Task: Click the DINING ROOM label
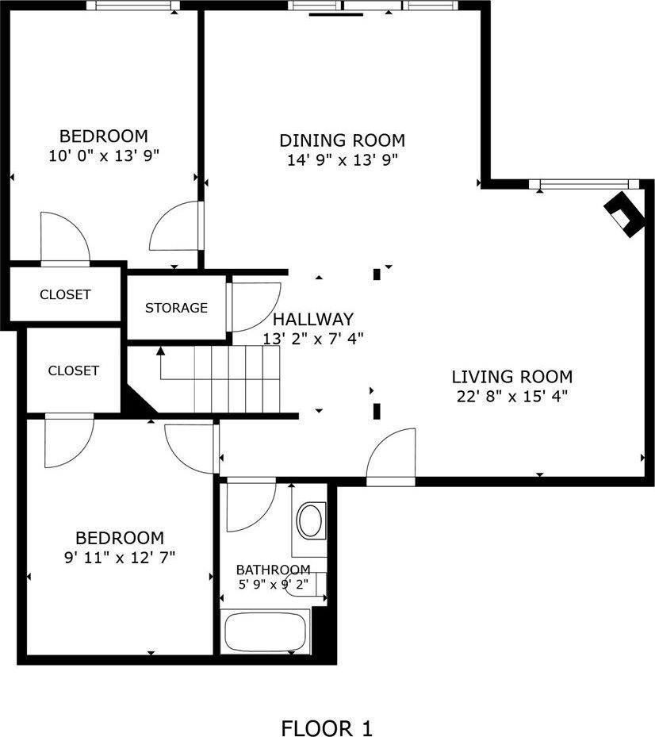[x=342, y=140]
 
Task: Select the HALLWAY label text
[x=313, y=320]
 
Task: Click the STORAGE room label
[x=176, y=308]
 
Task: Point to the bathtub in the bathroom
[x=265, y=631]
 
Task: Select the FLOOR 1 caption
[x=327, y=727]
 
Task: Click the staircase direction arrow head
[x=160, y=351]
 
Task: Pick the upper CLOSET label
[x=65, y=294]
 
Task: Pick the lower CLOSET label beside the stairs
[x=73, y=370]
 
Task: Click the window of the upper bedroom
[x=132, y=6]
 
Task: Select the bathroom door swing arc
[x=249, y=508]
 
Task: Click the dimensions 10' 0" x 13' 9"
[x=104, y=155]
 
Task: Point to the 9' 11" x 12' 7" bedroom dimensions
[x=120, y=557]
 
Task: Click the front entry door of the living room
[x=391, y=458]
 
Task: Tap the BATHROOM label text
[x=273, y=570]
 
